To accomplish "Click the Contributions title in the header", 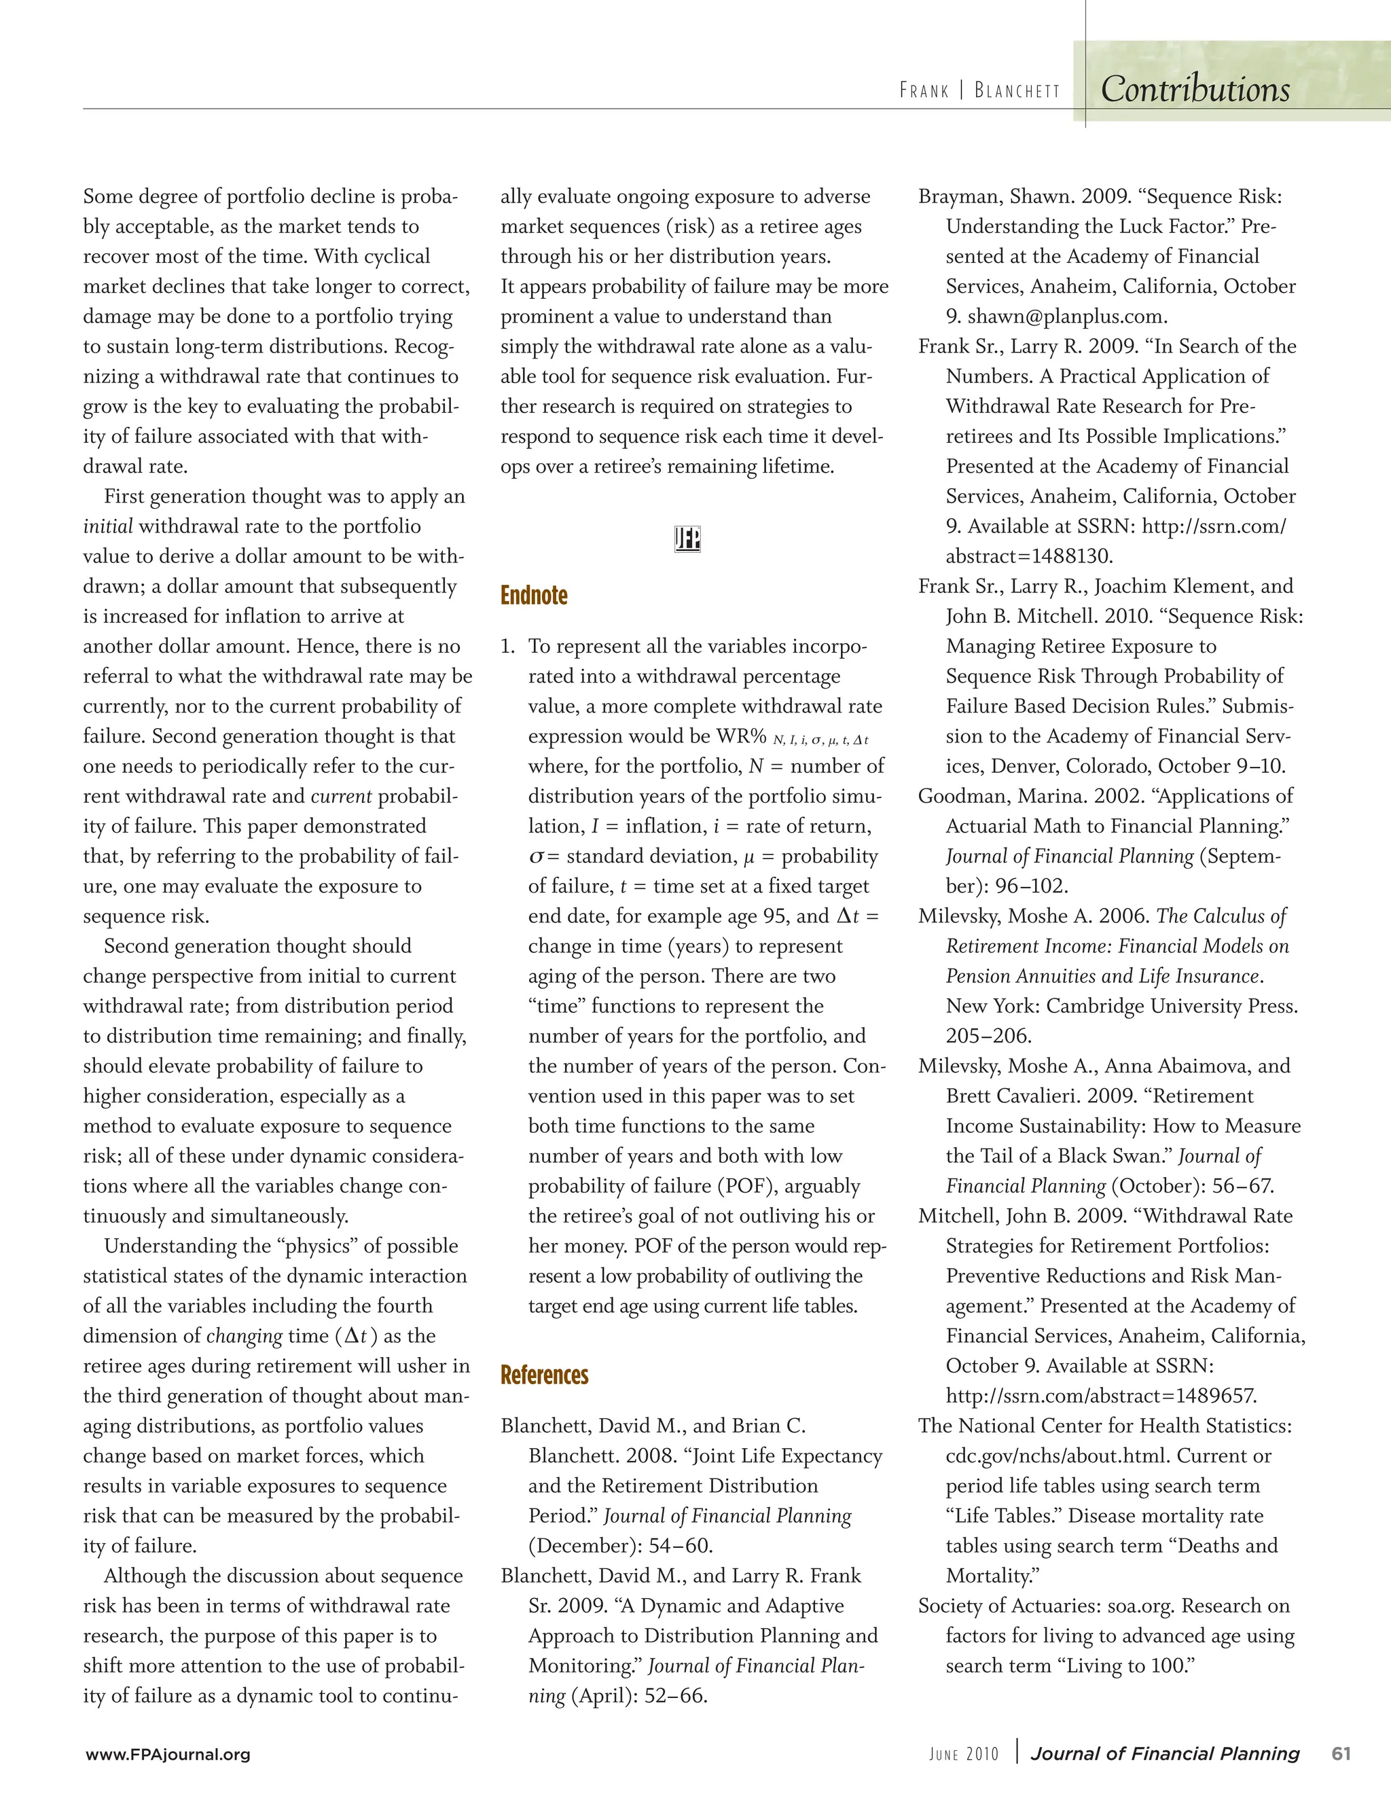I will (1194, 89).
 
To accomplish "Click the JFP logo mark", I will (687, 539).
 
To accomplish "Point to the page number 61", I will (1341, 1754).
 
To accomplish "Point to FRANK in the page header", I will (924, 90).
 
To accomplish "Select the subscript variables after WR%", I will (820, 740).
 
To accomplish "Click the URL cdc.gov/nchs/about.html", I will (1055, 1456).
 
